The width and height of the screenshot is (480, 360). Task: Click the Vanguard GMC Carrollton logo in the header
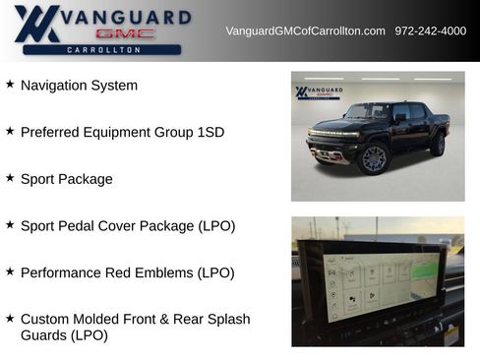tap(98, 30)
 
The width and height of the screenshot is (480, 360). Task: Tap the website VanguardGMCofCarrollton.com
tap(305, 31)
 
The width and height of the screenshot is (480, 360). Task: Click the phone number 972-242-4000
tap(431, 31)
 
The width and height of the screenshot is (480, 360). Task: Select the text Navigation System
tap(79, 86)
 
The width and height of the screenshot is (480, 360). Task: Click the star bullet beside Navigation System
tap(10, 85)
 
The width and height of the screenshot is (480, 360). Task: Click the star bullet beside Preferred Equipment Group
tap(10, 131)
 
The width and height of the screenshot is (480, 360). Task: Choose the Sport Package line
tap(66, 179)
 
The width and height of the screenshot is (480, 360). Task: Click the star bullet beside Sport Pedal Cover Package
tap(10, 224)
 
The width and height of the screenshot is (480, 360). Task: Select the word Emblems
tap(205, 272)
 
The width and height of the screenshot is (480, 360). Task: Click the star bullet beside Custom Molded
tap(10, 319)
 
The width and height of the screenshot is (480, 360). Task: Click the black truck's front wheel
tap(374, 158)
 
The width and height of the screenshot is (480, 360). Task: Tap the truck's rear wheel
tap(437, 146)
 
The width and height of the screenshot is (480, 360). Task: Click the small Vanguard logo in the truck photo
tap(319, 92)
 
